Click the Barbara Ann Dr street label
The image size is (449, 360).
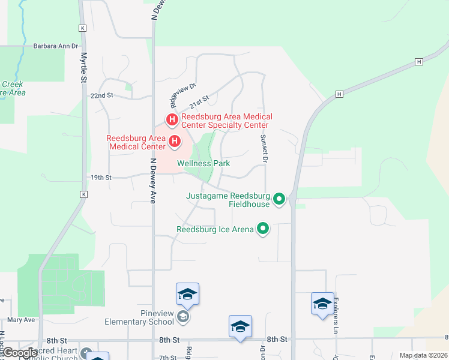click(56, 46)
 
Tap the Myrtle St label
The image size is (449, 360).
click(84, 64)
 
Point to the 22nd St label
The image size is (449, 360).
click(102, 95)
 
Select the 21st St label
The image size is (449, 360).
click(200, 100)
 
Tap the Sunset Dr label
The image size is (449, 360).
click(264, 148)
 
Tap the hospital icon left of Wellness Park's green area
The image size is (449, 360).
click(175, 142)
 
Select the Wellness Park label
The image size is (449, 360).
click(203, 163)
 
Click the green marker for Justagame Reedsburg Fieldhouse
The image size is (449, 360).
click(279, 199)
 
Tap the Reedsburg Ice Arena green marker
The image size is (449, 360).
click(262, 229)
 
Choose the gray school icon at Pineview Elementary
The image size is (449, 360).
click(183, 317)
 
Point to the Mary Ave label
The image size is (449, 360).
click(21, 320)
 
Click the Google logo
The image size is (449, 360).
click(19, 353)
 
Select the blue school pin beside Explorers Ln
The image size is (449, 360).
click(322, 303)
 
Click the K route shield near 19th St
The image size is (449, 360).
click(83, 195)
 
